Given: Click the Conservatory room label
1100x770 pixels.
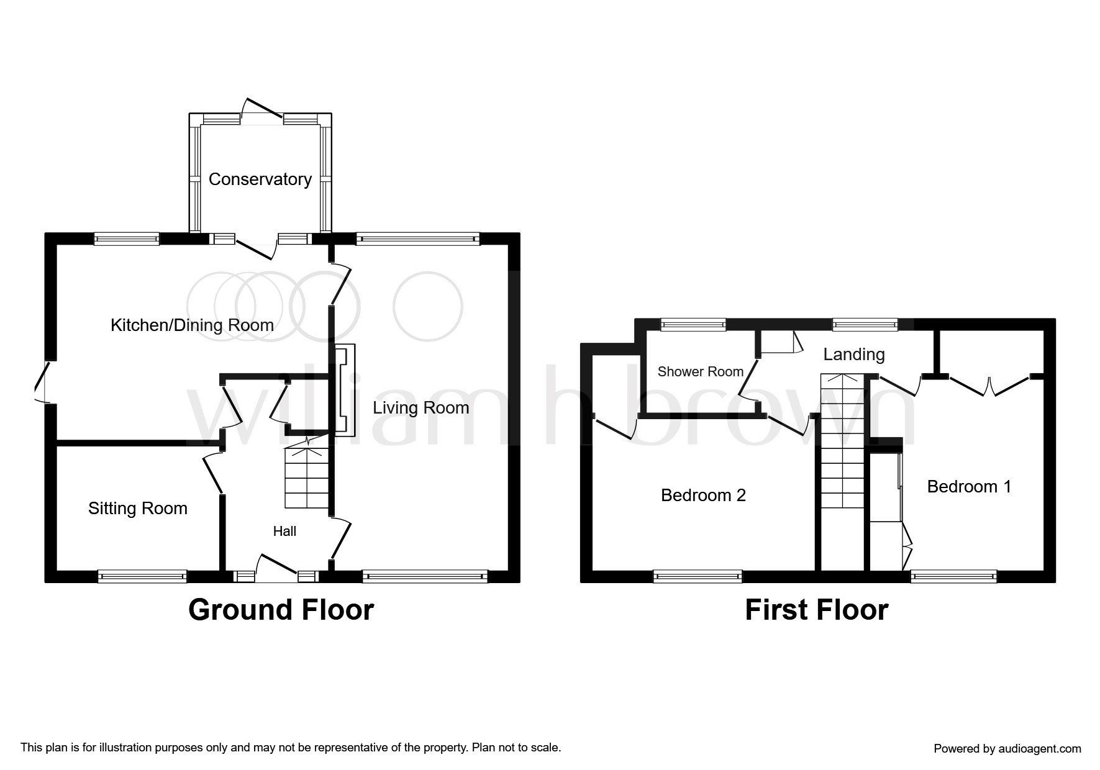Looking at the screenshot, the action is [260, 179].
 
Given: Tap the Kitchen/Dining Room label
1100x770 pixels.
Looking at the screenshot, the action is [192, 325].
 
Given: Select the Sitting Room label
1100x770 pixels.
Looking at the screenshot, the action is [138, 509].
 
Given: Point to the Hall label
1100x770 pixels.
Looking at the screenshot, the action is [284, 531].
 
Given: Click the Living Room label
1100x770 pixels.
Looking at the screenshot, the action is [421, 408].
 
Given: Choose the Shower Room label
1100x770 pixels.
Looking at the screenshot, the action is [701, 372].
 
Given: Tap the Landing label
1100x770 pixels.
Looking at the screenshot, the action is [854, 355].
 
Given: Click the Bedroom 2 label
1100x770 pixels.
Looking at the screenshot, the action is [703, 496].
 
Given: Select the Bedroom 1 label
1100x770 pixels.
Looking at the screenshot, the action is [969, 487].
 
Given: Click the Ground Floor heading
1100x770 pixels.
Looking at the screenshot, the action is [281, 610].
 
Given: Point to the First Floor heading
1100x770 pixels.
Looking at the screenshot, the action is [816, 610].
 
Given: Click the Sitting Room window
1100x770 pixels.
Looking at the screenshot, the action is [142, 576].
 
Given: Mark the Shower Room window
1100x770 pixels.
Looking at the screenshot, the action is [693, 324].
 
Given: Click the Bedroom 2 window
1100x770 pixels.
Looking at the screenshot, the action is [698, 576].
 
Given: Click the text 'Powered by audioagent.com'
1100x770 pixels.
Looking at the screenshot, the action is [1007, 749].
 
